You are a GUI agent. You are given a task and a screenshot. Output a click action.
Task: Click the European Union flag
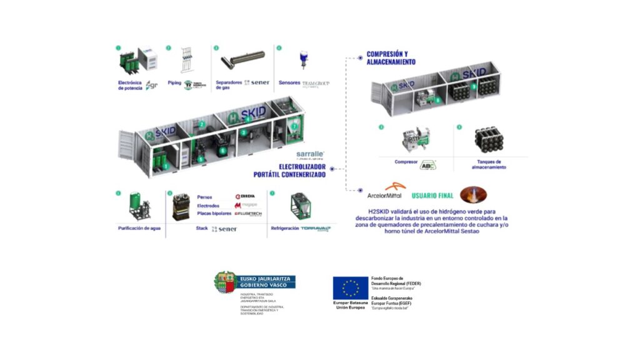click(350, 287)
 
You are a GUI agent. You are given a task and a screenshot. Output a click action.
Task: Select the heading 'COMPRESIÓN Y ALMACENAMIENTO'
click(391, 58)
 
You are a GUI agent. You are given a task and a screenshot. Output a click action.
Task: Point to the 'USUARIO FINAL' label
click(432, 196)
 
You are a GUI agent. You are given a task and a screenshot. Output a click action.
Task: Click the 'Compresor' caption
click(406, 162)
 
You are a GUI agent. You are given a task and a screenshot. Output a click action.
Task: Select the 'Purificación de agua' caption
click(139, 229)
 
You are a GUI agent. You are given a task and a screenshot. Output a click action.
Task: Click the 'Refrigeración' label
click(286, 229)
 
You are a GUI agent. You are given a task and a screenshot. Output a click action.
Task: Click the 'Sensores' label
click(287, 82)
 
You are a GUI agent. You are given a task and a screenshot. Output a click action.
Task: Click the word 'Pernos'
click(205, 197)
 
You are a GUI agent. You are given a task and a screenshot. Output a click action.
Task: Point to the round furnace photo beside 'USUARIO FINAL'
click(473, 194)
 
